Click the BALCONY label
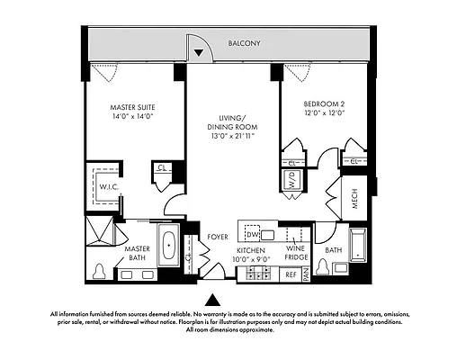(x=245, y=42)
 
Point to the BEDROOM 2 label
(x=326, y=104)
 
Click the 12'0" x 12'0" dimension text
(x=326, y=114)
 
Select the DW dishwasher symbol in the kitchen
(x=253, y=235)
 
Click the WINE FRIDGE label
(x=295, y=252)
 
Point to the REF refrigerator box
(x=290, y=274)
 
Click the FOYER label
(x=217, y=237)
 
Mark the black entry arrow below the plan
(x=213, y=298)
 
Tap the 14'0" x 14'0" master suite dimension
(x=126, y=116)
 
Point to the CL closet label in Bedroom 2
(x=354, y=160)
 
